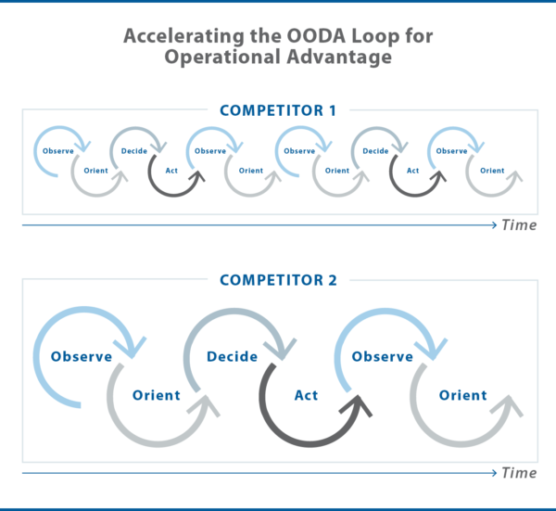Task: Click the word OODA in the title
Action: [x=316, y=36]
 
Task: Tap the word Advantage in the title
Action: [x=339, y=57]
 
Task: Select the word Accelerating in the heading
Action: [x=183, y=36]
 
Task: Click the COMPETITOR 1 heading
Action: [x=278, y=110]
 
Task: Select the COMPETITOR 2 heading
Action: [x=278, y=280]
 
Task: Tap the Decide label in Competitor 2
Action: [x=233, y=357]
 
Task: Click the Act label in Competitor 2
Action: [x=307, y=395]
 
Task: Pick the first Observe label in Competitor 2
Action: [x=82, y=357]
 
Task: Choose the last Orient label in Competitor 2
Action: [x=463, y=395]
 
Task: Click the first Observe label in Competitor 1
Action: [x=58, y=151]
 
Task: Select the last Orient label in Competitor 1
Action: [x=492, y=171]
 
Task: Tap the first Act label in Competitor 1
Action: [x=171, y=171]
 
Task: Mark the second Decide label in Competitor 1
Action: [x=375, y=151]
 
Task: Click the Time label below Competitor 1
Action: [x=519, y=225]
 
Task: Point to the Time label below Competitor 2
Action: [x=519, y=473]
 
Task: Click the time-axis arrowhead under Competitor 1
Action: [x=495, y=225]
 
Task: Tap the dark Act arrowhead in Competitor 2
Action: [x=357, y=406]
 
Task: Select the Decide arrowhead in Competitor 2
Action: [x=281, y=349]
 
